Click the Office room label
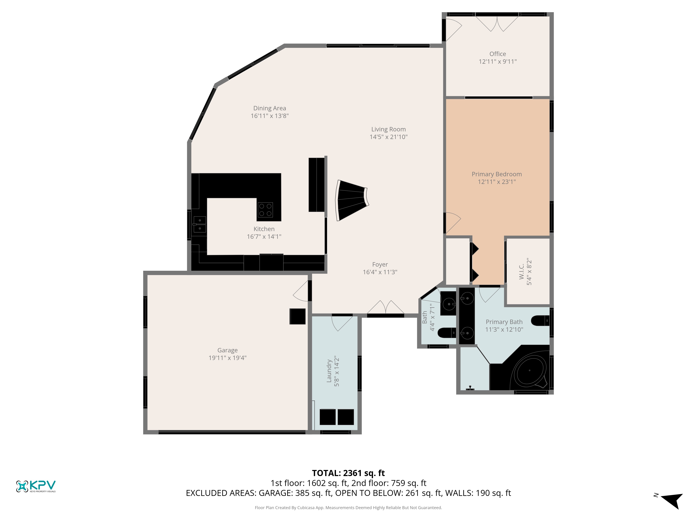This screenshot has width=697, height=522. click(x=497, y=54)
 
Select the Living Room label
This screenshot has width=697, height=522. click(x=389, y=129)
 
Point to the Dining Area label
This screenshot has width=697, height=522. click(x=270, y=108)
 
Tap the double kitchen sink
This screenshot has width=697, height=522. click(x=200, y=224)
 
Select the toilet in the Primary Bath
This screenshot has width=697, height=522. click(x=540, y=321)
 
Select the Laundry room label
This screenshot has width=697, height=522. click(x=329, y=371)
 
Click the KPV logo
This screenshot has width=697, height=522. click(x=36, y=486)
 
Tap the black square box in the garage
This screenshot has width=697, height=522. click(x=297, y=316)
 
